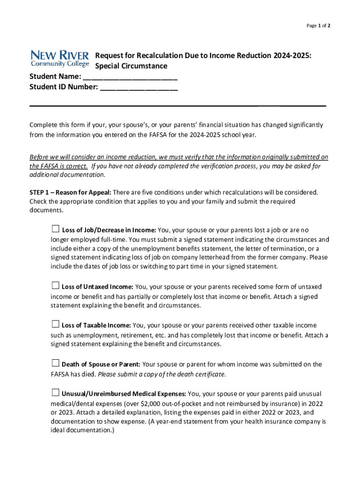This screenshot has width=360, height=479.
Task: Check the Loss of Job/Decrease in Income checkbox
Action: [55, 229]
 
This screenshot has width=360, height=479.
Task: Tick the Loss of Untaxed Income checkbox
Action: [55, 285]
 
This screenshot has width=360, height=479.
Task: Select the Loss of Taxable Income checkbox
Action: [55, 324]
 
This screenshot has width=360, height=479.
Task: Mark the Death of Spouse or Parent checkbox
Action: [55, 363]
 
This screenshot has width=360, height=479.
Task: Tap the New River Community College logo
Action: [59, 58]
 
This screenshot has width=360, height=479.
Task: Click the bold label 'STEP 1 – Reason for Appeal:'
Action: [70, 192]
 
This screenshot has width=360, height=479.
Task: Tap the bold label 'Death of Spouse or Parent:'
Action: [101, 364]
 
